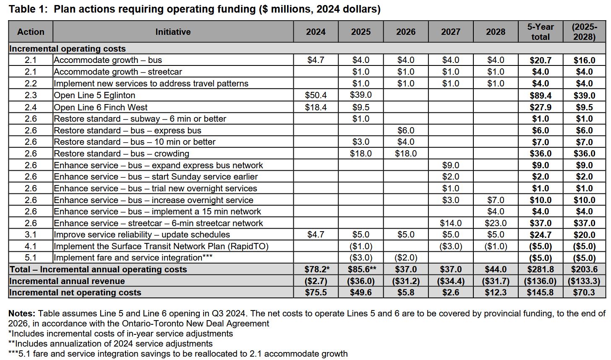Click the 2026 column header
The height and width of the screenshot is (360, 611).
point(405,32)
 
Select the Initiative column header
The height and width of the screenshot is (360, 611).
point(173,32)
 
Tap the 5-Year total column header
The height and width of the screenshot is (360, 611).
point(540,32)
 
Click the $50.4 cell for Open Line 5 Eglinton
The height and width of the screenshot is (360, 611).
point(316,95)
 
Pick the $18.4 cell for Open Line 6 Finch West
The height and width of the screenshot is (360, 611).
point(316,107)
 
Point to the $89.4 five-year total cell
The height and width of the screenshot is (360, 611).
point(540,95)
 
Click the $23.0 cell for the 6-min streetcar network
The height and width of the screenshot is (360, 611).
point(496,223)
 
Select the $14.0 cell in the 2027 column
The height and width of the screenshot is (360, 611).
point(450,223)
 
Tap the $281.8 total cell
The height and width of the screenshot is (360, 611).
point(540,269)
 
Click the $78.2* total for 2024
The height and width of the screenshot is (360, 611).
point(316,269)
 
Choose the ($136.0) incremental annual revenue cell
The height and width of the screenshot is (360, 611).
point(540,281)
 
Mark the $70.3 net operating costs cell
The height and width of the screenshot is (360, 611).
point(584,292)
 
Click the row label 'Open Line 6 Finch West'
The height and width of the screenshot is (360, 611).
point(101,107)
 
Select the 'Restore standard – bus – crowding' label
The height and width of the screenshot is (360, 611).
point(122,154)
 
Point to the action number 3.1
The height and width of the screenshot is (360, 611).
point(31,235)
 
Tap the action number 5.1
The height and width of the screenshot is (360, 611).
point(31,258)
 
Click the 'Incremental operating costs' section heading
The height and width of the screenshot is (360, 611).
point(68,49)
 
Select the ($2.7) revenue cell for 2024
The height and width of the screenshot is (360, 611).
point(316,281)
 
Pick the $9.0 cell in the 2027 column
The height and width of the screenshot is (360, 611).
point(450,165)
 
